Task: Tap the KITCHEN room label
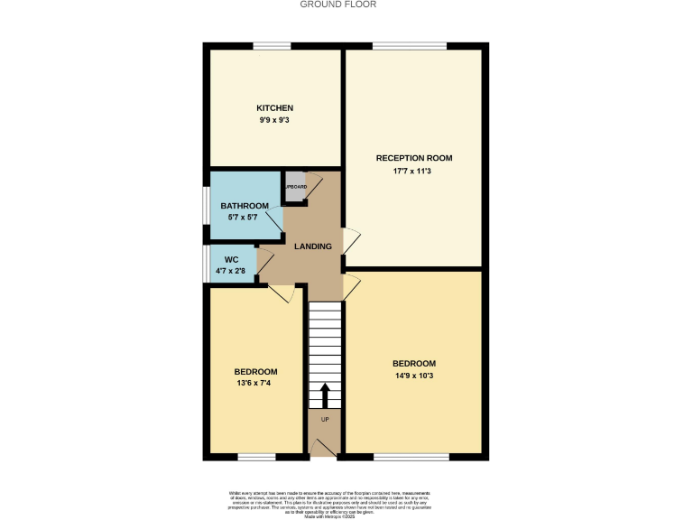tap(274, 108)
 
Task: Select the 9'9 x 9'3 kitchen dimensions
tap(274, 120)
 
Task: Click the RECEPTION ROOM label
tap(414, 158)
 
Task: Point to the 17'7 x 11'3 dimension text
tap(414, 171)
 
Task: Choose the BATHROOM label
tap(245, 206)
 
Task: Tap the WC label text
tap(231, 259)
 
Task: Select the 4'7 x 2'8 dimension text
tap(231, 270)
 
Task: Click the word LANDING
tap(312, 246)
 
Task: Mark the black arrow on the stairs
tap(325, 395)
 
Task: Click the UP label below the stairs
tap(325, 421)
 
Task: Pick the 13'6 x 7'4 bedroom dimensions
tap(255, 384)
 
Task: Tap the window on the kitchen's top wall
tap(272, 46)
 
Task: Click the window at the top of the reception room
tap(409, 46)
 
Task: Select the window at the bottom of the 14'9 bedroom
tap(411, 457)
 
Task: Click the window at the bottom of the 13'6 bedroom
tap(256, 457)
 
